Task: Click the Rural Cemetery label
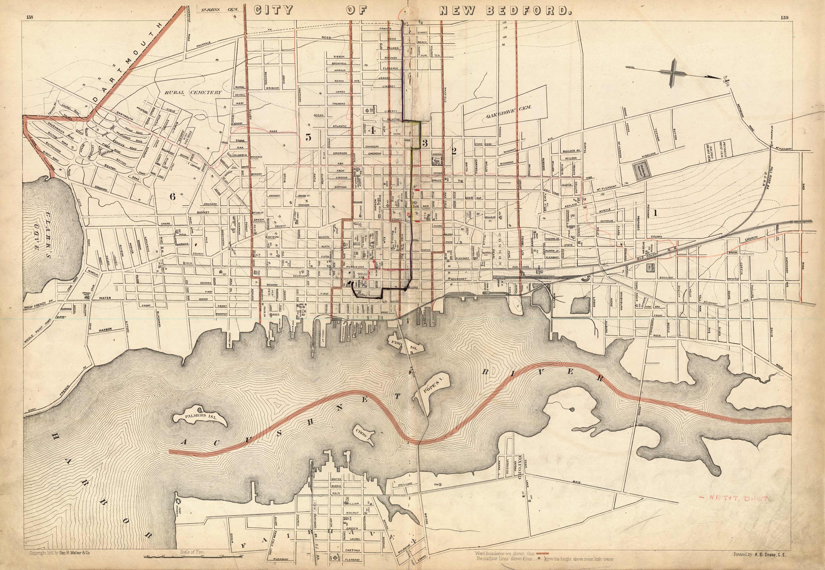(193, 92)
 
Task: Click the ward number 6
(173, 196)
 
